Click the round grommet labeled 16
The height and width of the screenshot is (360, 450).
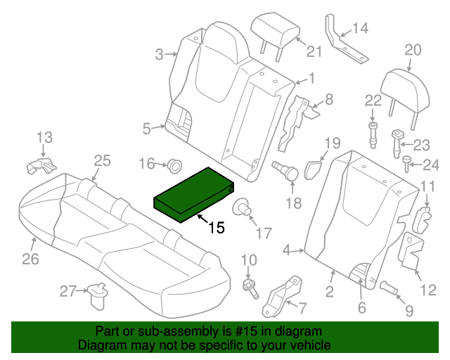[171, 165]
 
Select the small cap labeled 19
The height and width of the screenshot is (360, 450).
[314, 168]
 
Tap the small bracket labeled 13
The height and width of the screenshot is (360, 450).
[41, 167]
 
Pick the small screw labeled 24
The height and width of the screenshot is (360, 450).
[408, 164]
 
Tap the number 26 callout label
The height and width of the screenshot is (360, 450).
[30, 259]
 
